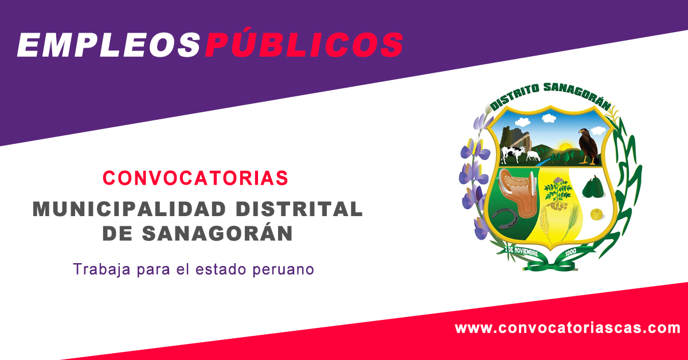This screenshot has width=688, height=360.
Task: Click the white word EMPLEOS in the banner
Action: [x=109, y=45]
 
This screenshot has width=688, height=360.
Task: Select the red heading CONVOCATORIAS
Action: [x=196, y=178]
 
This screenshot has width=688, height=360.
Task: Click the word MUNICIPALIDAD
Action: [x=130, y=209]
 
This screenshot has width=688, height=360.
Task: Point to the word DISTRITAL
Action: [x=299, y=209]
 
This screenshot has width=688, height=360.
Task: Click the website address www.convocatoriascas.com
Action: [x=567, y=328]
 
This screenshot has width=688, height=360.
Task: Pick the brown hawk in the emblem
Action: [x=588, y=147]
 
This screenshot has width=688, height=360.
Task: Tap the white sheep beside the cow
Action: [x=533, y=156]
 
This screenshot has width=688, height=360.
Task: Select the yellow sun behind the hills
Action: [x=565, y=146]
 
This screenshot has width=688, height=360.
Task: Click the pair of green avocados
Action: [x=594, y=187]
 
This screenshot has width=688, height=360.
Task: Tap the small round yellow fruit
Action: [x=597, y=214]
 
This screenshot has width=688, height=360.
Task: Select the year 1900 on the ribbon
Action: [x=570, y=252]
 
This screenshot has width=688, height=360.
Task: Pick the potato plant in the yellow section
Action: [x=558, y=194]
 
